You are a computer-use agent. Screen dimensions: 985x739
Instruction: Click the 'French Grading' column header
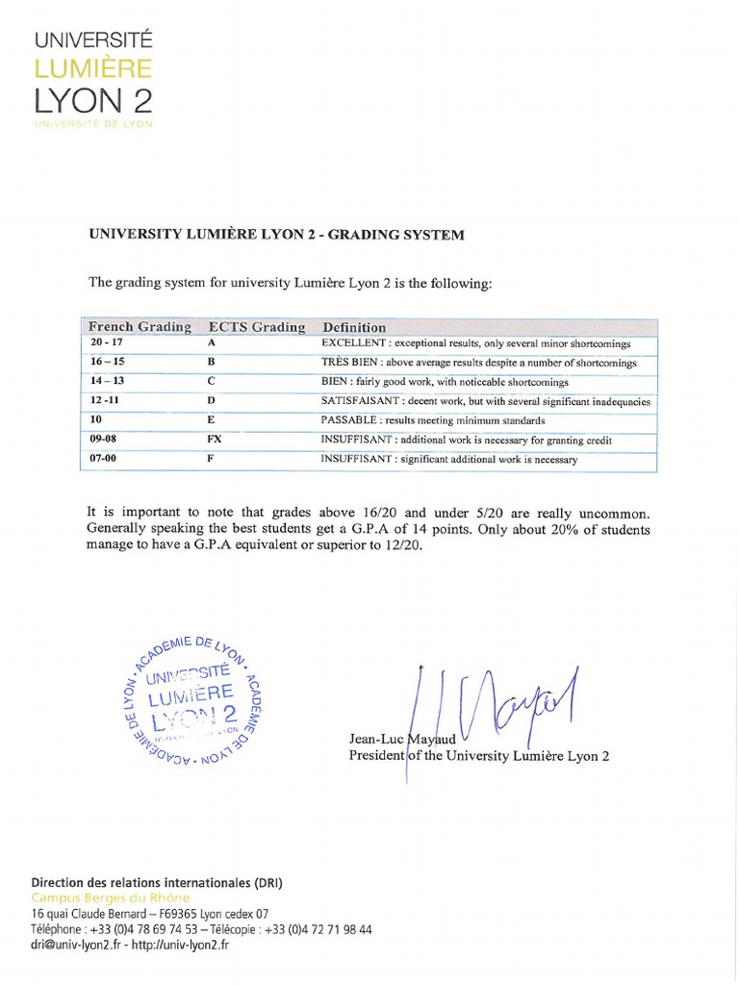(x=140, y=327)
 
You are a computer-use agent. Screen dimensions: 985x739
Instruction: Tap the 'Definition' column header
(x=354, y=327)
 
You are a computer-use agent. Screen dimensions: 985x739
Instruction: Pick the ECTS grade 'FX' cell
(x=214, y=440)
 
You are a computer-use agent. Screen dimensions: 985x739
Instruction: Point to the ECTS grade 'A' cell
(x=211, y=343)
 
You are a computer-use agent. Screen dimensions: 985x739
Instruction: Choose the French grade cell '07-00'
(x=105, y=459)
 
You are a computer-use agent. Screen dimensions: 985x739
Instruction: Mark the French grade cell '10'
(x=95, y=420)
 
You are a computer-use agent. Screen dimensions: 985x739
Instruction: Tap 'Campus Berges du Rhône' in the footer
(x=111, y=897)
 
